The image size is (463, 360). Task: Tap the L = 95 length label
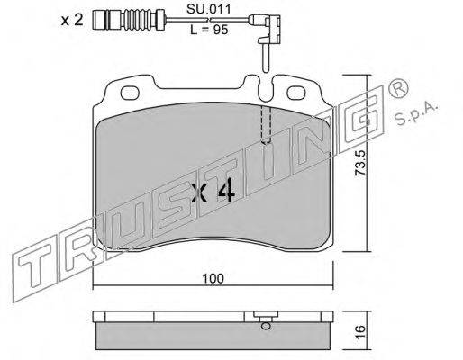point(209,30)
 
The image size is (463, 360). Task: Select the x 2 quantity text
point(72,21)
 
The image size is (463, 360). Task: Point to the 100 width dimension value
point(213,278)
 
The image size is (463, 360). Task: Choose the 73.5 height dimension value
point(360,163)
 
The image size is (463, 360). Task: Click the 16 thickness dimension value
point(360,331)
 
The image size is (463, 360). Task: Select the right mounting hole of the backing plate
point(297,93)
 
